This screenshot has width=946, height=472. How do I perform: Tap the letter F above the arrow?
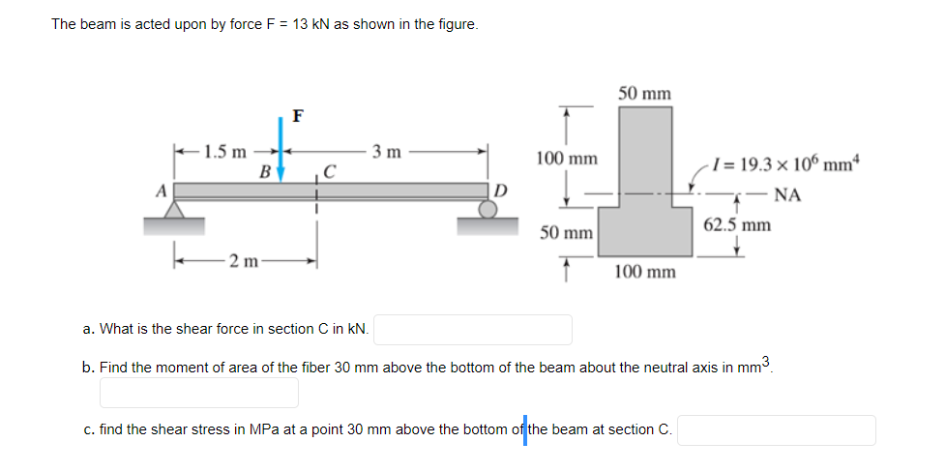click(297, 117)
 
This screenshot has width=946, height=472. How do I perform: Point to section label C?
click(330, 174)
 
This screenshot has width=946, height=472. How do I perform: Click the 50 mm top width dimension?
click(644, 93)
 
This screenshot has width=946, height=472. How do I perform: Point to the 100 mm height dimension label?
click(566, 158)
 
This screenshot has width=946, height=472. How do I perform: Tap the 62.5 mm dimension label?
click(737, 225)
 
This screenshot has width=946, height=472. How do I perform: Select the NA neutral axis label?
click(787, 194)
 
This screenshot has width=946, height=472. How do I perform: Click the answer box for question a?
click(475, 330)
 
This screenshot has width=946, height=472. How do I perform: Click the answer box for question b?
click(199, 392)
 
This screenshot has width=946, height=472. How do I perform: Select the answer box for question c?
click(777, 429)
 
